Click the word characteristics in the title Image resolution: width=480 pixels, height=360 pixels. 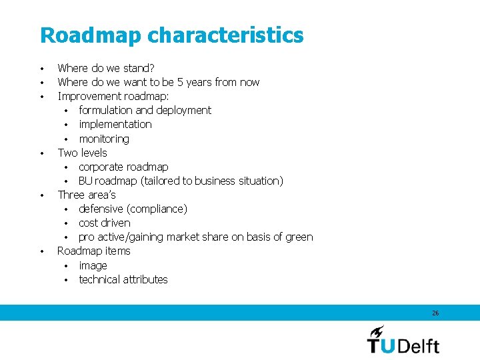[225, 35]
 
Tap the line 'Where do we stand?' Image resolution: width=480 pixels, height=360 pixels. [106, 67]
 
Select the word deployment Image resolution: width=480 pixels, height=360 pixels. [183, 110]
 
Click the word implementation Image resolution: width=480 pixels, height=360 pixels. [115, 124]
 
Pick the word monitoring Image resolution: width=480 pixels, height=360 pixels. [104, 139]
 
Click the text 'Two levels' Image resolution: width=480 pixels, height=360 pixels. [82, 153]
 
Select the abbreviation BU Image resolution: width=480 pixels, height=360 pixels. [85, 181]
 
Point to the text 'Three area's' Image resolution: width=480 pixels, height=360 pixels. [87, 195]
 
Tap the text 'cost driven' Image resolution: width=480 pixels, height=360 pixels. [105, 223]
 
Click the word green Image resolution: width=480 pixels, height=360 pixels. [297, 237]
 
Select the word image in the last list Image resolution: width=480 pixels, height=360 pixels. [93, 265]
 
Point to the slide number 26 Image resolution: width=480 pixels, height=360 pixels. [435, 313]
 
